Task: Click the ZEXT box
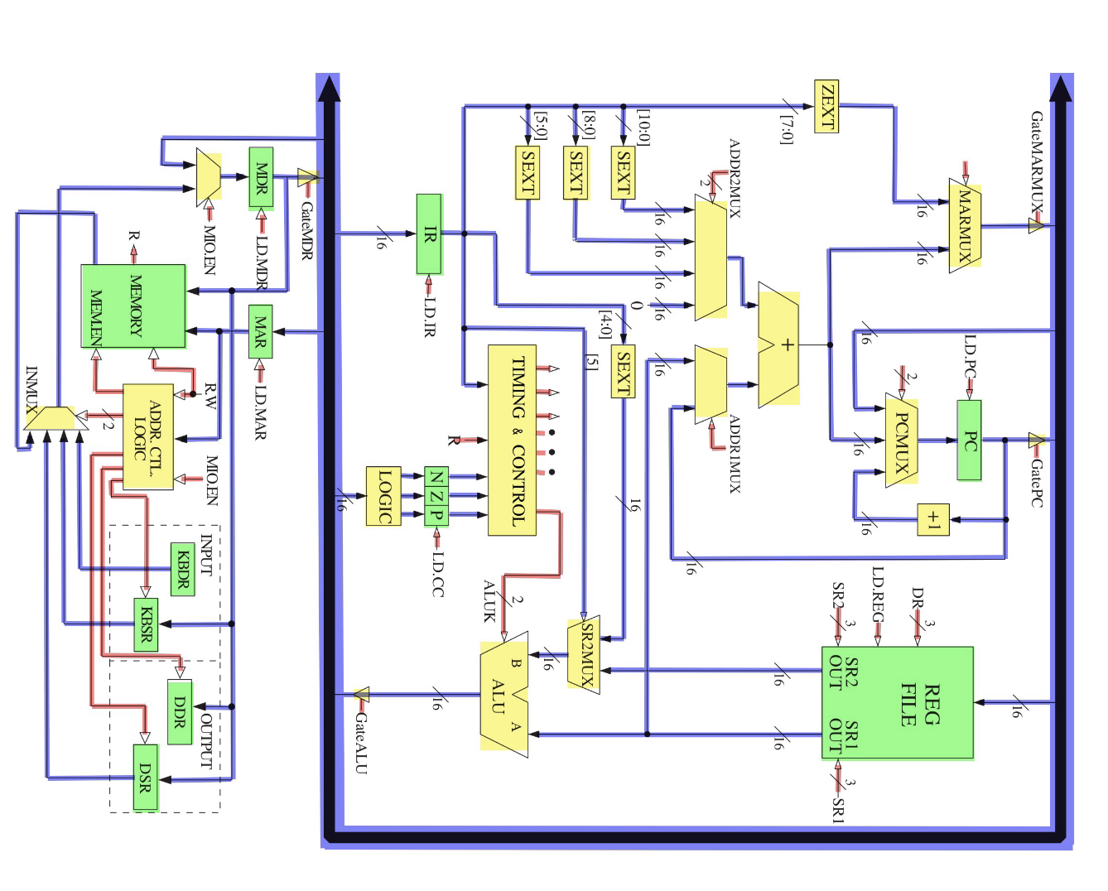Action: pyautogui.click(x=826, y=106)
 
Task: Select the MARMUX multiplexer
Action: pyautogui.click(x=965, y=225)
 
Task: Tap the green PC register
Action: pyautogui.click(x=969, y=441)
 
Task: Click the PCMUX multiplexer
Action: pyautogui.click(x=901, y=440)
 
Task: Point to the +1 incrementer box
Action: pyautogui.click(x=933, y=520)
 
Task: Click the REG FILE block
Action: pyautogui.click(x=897, y=703)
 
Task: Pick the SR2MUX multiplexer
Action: pyautogui.click(x=584, y=654)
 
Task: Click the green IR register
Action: pyautogui.click(x=428, y=234)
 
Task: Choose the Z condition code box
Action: pyautogui.click(x=436, y=495)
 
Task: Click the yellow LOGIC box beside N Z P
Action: pyautogui.click(x=383, y=496)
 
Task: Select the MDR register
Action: pyautogui.click(x=261, y=177)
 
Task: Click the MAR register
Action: pyautogui.click(x=260, y=331)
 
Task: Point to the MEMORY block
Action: pyautogui.click(x=133, y=306)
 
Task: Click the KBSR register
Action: pyautogui.click(x=146, y=624)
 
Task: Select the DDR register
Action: pyautogui.click(x=179, y=711)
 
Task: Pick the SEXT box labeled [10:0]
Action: pyautogui.click(x=623, y=172)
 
